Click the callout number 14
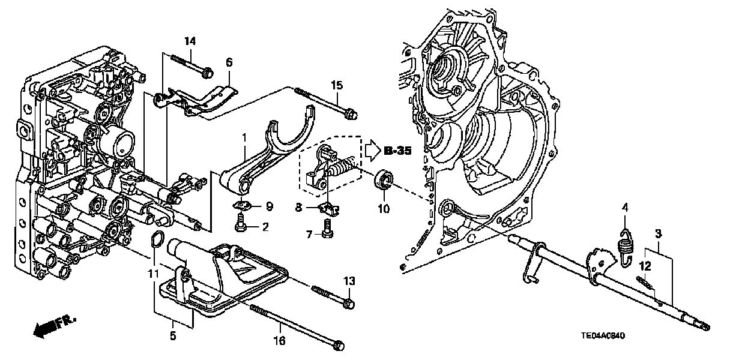pos(190,41)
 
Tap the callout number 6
pos(229,62)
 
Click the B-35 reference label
pos(397,152)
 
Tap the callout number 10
pos(384,209)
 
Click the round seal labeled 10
pos(383,181)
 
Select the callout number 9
pos(268,206)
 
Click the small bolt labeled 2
pos(240,226)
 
